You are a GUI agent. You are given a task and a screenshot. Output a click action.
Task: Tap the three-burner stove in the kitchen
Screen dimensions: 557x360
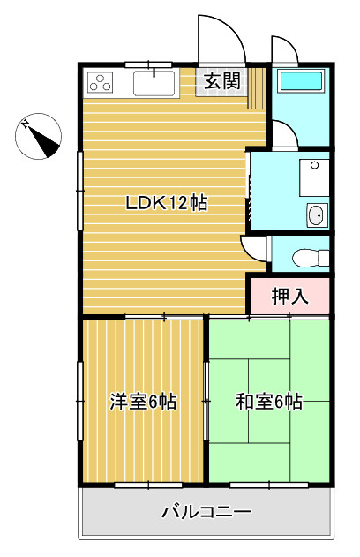101,85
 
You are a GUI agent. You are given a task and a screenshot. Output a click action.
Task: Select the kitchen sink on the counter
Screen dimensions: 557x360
155,85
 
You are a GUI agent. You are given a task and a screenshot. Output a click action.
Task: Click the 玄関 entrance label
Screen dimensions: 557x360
221,82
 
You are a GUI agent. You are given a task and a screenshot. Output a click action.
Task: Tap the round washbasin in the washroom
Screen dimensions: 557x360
314,214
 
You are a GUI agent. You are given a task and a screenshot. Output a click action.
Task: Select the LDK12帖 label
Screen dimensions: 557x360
166,203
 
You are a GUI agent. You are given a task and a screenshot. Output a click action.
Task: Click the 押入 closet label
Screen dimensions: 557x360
289,297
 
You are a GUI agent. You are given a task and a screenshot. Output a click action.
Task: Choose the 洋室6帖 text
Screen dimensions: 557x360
143,403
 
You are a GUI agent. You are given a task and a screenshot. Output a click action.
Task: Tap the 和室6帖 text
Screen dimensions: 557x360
268,403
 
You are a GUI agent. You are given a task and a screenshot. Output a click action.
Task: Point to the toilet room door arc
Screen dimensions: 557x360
257,247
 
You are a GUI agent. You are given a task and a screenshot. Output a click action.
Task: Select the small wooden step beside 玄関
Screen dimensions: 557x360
257,87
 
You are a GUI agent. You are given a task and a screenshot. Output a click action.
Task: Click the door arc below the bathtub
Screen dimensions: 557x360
282,134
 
